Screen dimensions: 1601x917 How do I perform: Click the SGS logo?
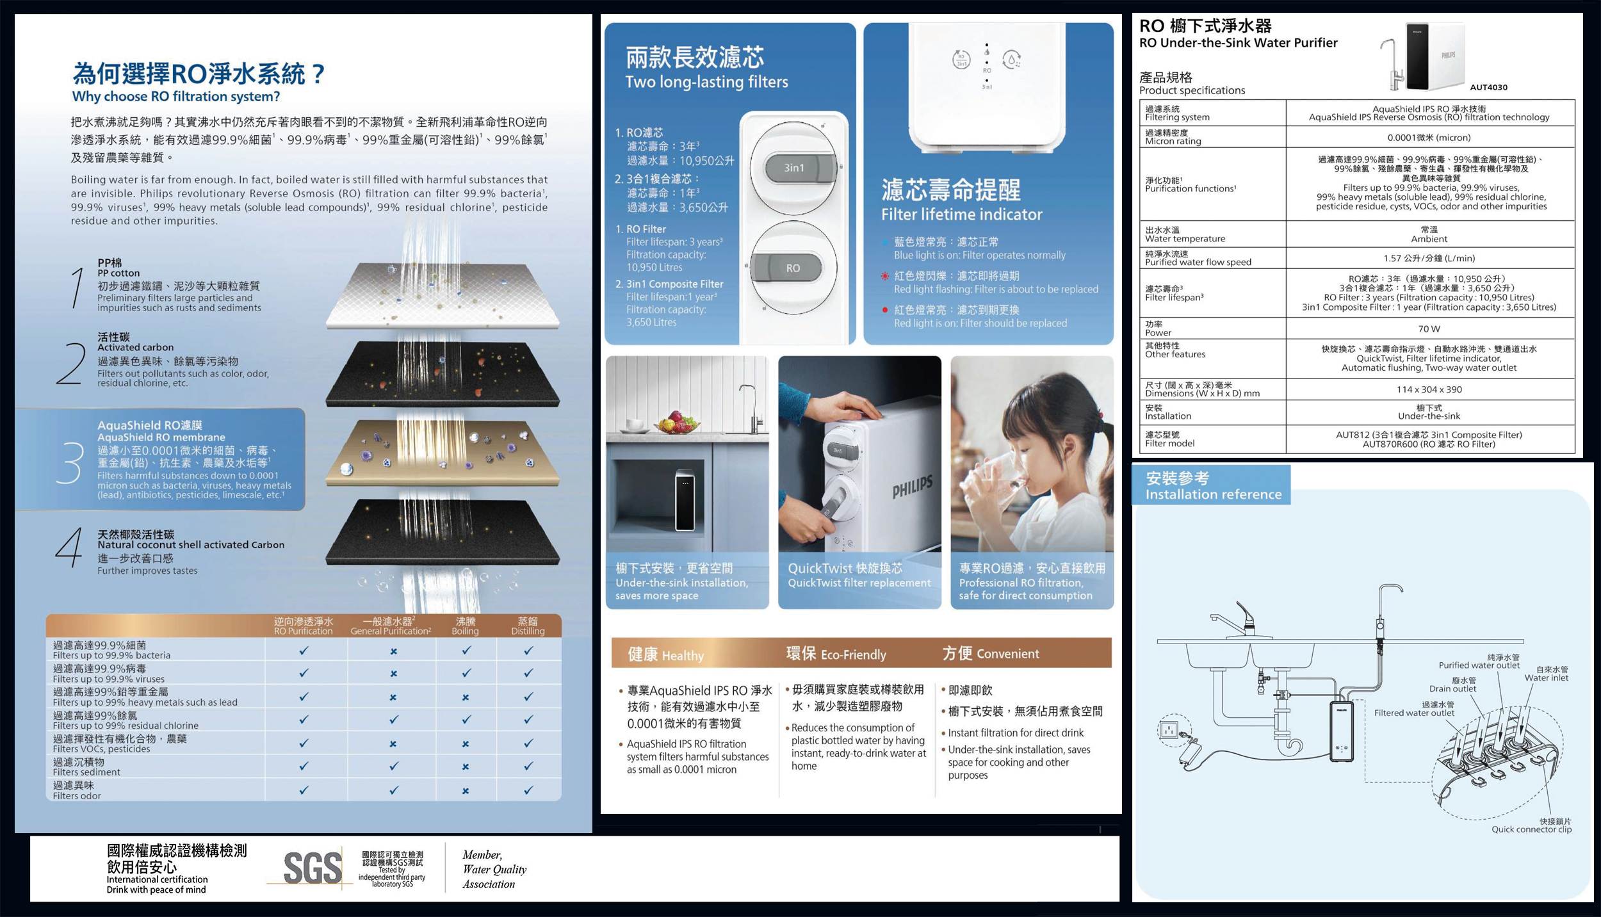point(313,868)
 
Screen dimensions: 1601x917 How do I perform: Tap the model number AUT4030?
point(1488,87)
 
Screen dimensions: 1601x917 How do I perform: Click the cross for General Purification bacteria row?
point(393,651)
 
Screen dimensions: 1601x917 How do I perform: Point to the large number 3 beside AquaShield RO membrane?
point(69,462)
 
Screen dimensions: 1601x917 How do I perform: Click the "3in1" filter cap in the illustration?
point(794,168)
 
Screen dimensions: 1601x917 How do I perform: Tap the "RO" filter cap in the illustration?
point(793,268)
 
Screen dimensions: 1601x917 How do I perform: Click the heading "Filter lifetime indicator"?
point(961,215)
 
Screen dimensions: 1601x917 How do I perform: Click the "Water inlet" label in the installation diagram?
point(1547,678)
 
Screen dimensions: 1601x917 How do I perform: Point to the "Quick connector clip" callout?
point(1531,829)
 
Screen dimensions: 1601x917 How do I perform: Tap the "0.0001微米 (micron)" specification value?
point(1429,138)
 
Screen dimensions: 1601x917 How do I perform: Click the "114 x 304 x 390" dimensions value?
point(1429,389)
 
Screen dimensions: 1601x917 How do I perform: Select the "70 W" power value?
point(1429,329)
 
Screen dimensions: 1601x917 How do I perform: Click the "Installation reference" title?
point(1214,494)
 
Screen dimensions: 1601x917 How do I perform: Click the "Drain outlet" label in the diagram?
point(1452,689)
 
